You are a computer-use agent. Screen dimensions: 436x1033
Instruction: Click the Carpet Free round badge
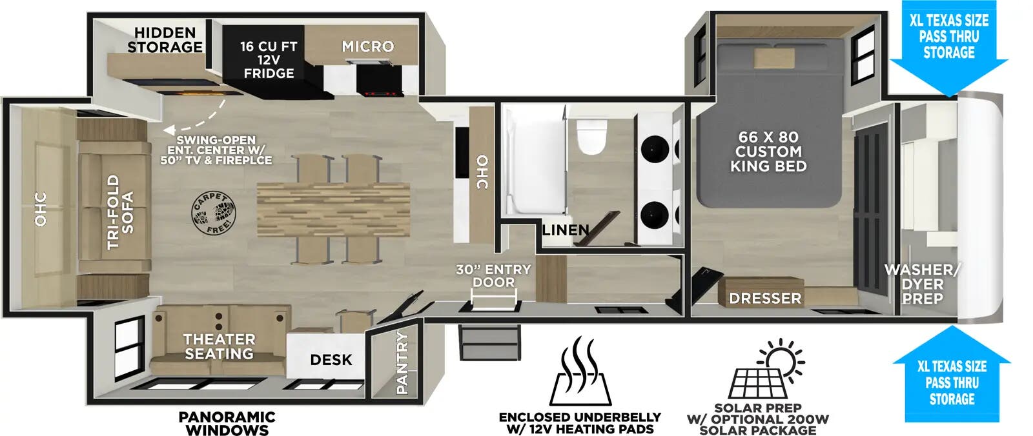click(214, 213)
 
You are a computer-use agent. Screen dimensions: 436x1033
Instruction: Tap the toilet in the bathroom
click(592, 136)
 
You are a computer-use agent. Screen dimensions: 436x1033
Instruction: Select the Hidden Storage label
click(165, 40)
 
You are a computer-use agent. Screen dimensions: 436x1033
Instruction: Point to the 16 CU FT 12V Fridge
click(269, 60)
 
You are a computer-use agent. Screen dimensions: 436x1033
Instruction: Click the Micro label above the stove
click(367, 46)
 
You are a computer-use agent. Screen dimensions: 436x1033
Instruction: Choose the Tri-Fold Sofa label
click(121, 212)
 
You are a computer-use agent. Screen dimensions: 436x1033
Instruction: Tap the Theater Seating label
click(219, 346)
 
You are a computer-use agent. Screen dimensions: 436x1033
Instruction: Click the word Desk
click(331, 360)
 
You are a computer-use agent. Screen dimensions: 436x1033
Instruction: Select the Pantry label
click(402, 362)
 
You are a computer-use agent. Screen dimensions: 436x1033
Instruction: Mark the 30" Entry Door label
click(493, 276)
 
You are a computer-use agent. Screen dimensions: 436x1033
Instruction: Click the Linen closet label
click(565, 230)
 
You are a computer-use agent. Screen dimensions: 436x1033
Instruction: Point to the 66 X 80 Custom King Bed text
click(768, 152)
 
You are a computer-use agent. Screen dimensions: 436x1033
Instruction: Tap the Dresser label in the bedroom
click(765, 298)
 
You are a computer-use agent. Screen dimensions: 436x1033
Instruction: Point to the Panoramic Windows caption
click(227, 423)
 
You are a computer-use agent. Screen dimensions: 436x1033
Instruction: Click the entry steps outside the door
click(489, 342)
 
